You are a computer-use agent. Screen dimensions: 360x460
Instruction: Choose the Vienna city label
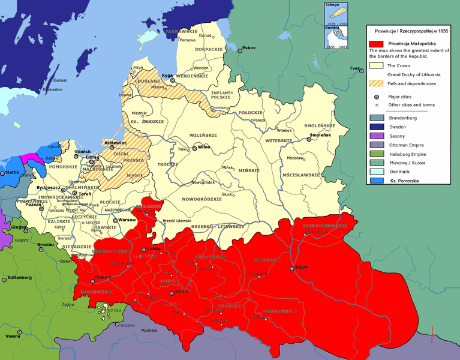pyautogui.click(x=14, y=338)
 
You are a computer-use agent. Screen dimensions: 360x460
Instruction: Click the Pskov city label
pyautogui.click(x=248, y=48)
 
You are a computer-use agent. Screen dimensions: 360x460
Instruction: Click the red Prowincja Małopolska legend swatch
pyautogui.click(x=376, y=44)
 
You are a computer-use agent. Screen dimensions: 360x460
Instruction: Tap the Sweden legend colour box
pyautogui.click(x=376, y=127)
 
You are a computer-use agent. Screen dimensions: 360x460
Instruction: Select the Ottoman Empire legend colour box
pyautogui.click(x=376, y=145)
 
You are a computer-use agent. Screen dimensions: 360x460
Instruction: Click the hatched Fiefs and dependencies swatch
pyautogui.click(x=376, y=83)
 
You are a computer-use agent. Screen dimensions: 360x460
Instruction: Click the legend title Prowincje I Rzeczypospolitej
pyautogui.click(x=411, y=31)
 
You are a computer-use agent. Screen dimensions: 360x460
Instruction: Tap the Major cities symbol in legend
pyautogui.click(x=376, y=96)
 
